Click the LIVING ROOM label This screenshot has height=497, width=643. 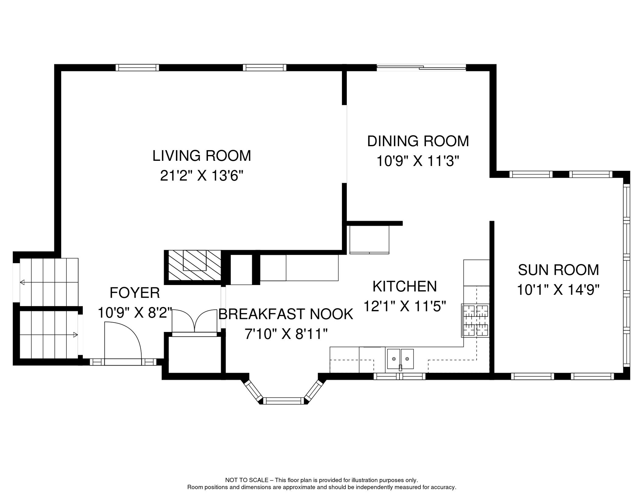point(202,156)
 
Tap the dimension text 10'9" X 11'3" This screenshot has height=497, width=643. point(418,161)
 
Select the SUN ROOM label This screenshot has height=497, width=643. point(558,270)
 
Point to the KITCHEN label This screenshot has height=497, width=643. point(405,286)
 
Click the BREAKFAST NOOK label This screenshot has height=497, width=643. point(286,314)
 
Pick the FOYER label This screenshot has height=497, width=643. point(135,293)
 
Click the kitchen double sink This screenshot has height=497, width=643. point(400,359)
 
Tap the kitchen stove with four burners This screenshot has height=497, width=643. point(475,320)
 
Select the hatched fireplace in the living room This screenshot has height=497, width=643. point(193,266)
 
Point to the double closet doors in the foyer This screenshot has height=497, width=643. point(194,321)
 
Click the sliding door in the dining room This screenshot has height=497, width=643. point(421,68)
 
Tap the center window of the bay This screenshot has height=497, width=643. point(283,401)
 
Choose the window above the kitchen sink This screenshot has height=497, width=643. point(400,376)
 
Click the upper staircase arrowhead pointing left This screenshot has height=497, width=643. point(22,282)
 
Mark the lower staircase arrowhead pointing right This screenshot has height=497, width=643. point(75,335)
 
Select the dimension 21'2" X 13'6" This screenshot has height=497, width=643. point(202,176)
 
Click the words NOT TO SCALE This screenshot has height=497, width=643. point(246,480)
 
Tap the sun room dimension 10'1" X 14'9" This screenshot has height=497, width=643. point(558,290)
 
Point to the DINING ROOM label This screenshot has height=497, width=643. point(418,141)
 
